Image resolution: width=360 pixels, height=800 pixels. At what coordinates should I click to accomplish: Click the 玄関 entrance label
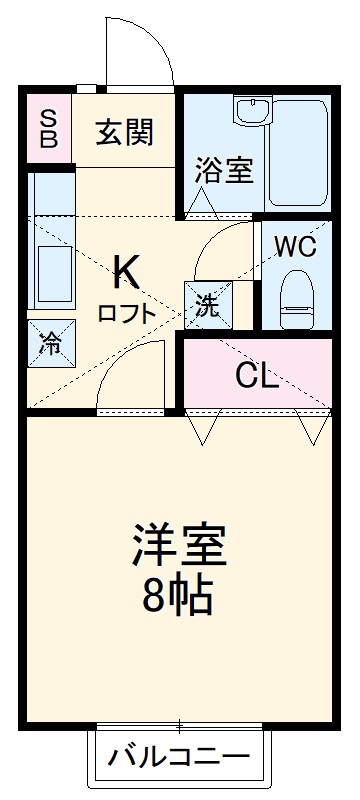[124, 131]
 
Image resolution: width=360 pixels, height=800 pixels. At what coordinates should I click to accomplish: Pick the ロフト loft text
[126, 312]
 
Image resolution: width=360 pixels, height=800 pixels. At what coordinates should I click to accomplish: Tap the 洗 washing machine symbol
[207, 304]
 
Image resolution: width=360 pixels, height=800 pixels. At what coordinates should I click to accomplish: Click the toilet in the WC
[296, 297]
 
